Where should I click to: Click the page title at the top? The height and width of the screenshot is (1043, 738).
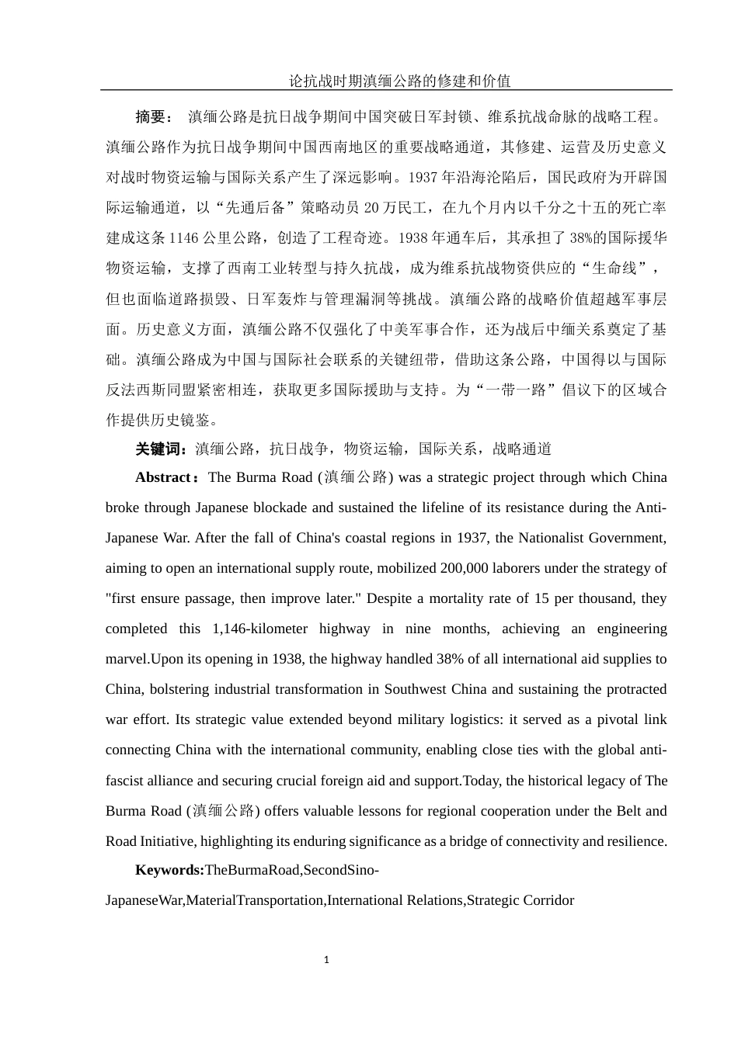pyautogui.click(x=399, y=81)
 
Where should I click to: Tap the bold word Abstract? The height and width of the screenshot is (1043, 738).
pyautogui.click(x=163, y=478)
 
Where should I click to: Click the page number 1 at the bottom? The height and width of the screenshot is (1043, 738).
pyautogui.click(x=326, y=960)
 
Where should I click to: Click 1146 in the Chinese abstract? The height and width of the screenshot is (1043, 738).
pyautogui.click(x=184, y=238)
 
